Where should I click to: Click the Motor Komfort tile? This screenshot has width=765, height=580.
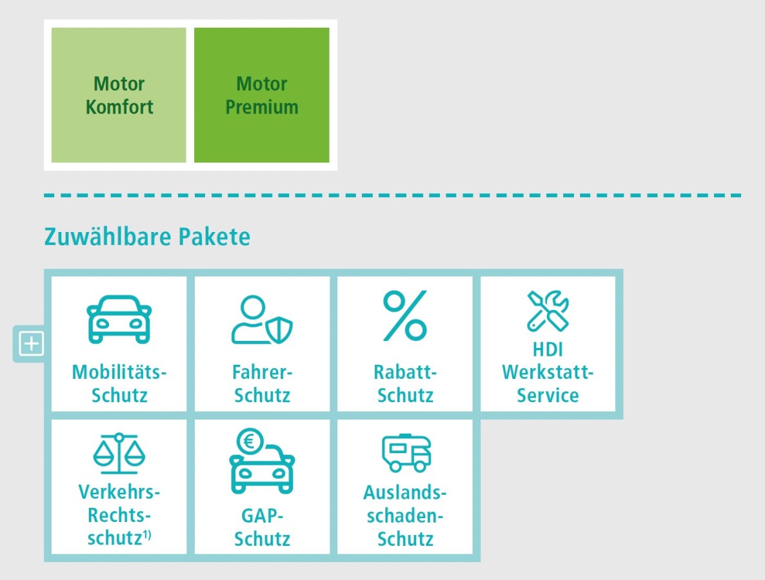pos(119,95)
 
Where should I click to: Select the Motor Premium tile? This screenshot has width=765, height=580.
pos(261,95)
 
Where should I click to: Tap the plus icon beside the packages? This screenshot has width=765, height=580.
pos(31,343)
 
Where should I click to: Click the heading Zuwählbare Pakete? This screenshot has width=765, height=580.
pos(147,237)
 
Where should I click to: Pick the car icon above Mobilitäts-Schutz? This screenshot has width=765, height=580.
pos(119,319)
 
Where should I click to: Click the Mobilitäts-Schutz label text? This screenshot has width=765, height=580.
pos(119,383)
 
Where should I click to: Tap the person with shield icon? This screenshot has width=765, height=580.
pos(262,320)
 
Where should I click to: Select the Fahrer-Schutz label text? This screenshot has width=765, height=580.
pos(262,383)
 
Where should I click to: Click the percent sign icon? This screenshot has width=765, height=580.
pos(405,316)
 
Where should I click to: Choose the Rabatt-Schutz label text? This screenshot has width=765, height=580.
pos(405,383)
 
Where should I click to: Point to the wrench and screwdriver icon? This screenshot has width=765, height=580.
pos(548,311)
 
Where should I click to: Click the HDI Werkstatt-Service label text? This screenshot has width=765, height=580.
pos(548,372)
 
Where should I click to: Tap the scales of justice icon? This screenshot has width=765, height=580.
pos(119,453)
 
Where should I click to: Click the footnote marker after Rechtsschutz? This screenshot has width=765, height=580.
pos(147,535)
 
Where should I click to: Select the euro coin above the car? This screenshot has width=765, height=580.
pos(250,441)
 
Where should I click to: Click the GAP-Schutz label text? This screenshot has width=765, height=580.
pos(262,527)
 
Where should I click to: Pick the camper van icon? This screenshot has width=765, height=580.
pos(406,453)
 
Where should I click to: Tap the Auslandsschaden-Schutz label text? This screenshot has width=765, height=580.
pos(405,516)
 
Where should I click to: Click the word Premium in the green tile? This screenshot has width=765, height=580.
pos(261,107)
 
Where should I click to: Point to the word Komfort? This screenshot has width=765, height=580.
pos(119,107)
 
